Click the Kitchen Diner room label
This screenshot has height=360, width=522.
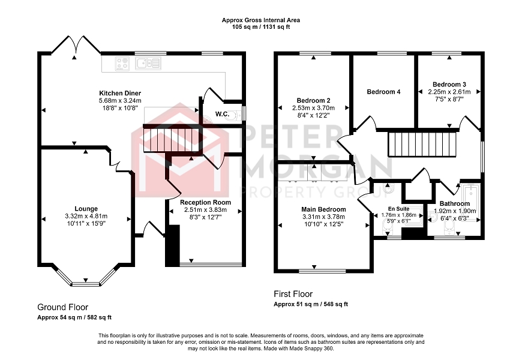pyautogui.click(x=120, y=93)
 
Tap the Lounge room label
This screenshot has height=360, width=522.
pyautogui.click(x=86, y=209)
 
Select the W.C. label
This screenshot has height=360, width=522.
pyautogui.click(x=222, y=114)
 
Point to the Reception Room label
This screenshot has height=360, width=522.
pyautogui.click(x=205, y=202)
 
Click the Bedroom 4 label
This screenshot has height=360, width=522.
pyautogui.click(x=383, y=92)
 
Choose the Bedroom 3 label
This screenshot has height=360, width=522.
pyautogui.click(x=449, y=85)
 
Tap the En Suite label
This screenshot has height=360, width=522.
pyautogui.click(x=398, y=209)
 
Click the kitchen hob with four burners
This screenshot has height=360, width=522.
pyautogui.click(x=122, y=64)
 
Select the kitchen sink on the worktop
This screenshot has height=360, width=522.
pyautogui.click(x=148, y=63)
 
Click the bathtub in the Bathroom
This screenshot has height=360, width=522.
pyautogui.click(x=470, y=202)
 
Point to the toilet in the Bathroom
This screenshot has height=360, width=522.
pyautogui.click(x=449, y=229)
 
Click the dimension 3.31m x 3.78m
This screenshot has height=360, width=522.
pyautogui.click(x=323, y=217)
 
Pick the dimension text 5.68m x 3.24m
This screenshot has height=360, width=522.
pyautogui.click(x=120, y=101)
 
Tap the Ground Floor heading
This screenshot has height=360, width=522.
pyautogui.click(x=62, y=307)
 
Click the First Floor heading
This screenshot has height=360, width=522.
pyautogui.click(x=293, y=294)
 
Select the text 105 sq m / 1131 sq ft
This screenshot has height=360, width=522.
pyautogui.click(x=260, y=28)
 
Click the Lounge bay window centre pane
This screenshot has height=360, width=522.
pyautogui.click(x=86, y=284)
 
